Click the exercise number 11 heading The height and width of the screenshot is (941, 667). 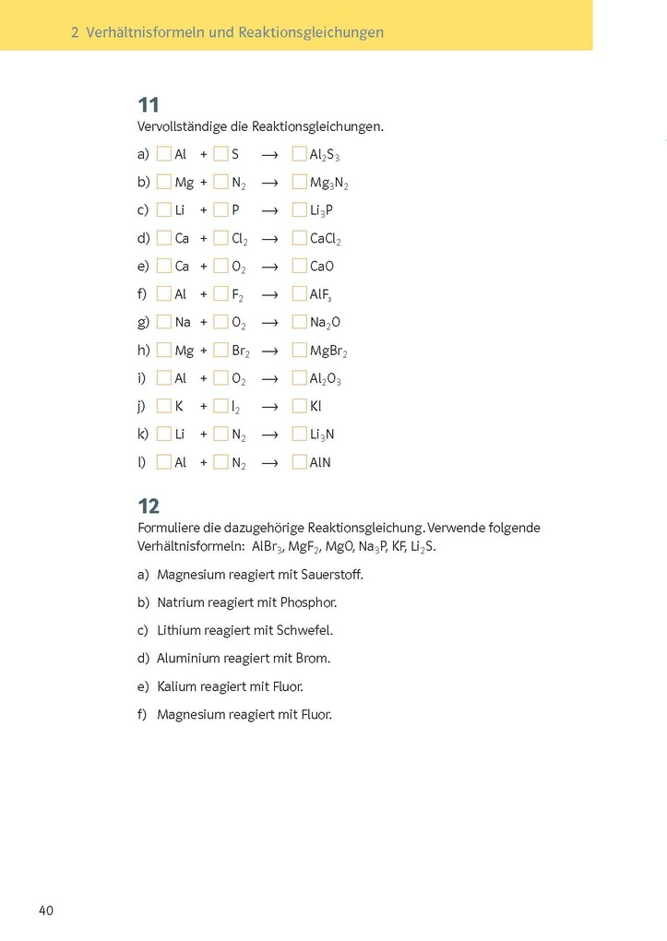(148, 105)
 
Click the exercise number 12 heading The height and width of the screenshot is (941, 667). (149, 506)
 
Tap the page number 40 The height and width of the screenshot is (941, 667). (46, 911)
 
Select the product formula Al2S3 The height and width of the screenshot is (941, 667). (325, 156)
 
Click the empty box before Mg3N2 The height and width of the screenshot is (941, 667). (299, 183)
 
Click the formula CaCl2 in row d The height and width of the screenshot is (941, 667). (326, 239)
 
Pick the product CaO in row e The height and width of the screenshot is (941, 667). (322, 267)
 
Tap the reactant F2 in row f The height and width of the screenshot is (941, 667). (237, 294)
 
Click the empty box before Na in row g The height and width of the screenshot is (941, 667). (164, 322)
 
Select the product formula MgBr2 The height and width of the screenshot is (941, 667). (328, 351)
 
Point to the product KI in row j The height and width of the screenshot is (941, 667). (316, 406)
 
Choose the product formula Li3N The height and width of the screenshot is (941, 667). (322, 435)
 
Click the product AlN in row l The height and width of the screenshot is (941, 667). (320, 462)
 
